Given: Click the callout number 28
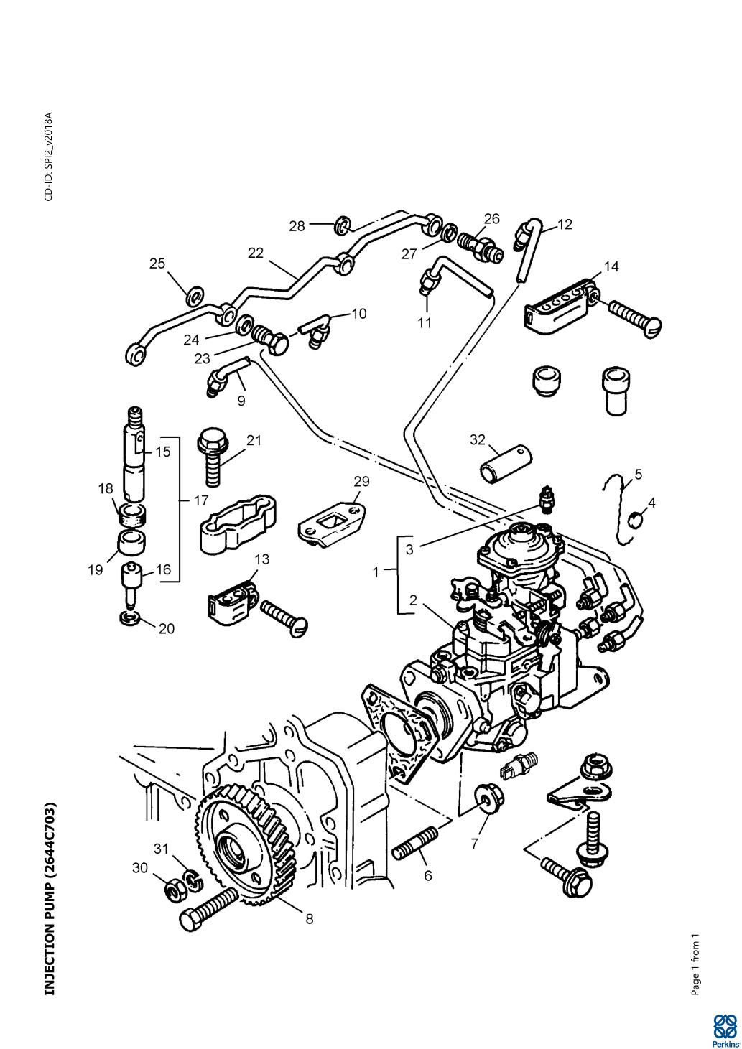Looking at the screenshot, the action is click(297, 226).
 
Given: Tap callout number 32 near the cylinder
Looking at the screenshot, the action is click(478, 439).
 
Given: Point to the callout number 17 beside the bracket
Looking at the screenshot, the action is click(201, 500).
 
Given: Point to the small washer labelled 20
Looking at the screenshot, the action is click(132, 617).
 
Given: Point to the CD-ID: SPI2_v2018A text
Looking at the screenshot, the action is click(49, 157).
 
